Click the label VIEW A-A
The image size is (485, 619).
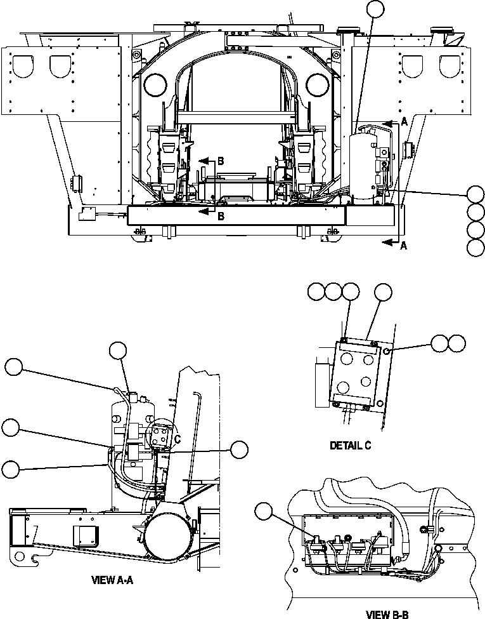[x=117, y=580]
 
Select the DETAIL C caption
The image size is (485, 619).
[x=351, y=446]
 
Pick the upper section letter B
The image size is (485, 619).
[x=220, y=161]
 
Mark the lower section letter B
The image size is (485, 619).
[x=220, y=216]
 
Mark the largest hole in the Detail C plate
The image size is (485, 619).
[x=347, y=359]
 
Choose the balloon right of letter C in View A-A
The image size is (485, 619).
[x=239, y=450]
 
